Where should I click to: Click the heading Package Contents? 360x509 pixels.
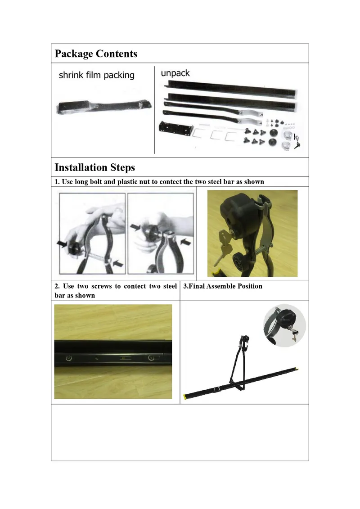click(x=96, y=54)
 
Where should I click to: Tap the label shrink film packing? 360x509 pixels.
click(x=96, y=75)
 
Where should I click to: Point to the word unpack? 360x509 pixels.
click(x=175, y=73)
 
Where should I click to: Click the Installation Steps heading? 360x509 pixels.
click(x=95, y=167)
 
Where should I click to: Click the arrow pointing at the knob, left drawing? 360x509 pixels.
click(x=62, y=243)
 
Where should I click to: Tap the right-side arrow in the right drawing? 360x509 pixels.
click(x=186, y=242)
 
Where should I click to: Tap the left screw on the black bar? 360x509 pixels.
click(x=69, y=358)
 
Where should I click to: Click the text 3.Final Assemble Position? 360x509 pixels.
click(x=223, y=286)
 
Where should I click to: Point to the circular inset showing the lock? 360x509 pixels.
click(x=284, y=325)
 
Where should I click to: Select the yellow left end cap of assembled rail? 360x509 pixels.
click(x=185, y=396)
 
